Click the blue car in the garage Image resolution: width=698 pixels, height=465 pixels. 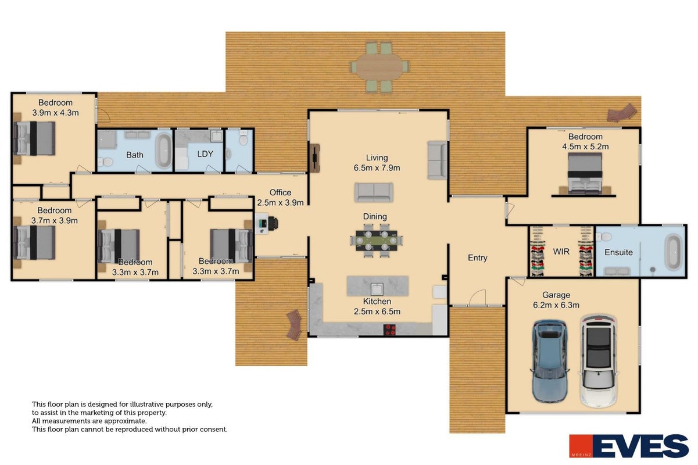(550, 361)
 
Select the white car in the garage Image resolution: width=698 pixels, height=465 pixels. (599, 360)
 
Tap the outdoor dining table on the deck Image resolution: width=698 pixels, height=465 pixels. (380, 67)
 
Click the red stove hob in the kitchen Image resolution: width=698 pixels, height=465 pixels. (389, 330)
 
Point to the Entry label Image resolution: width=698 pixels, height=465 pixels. (477, 257)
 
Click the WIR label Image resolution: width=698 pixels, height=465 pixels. (561, 251)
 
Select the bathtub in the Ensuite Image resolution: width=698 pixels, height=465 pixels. (673, 252)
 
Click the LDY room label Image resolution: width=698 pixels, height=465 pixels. (205, 153)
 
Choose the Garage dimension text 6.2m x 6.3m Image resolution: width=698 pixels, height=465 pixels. (556, 305)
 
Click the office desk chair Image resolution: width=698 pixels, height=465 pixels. (273, 223)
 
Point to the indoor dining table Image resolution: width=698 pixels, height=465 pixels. (377, 240)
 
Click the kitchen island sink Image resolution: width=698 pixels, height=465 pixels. (377, 289)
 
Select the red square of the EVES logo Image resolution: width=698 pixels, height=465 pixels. (581, 446)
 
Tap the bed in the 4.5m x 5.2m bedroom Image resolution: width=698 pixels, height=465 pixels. (585, 174)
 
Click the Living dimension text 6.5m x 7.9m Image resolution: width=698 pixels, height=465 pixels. (377, 168)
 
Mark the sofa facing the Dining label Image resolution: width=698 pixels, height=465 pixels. (374, 192)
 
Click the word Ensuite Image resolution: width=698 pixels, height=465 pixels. (618, 252)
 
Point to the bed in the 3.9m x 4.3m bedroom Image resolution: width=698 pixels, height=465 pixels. (34, 138)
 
